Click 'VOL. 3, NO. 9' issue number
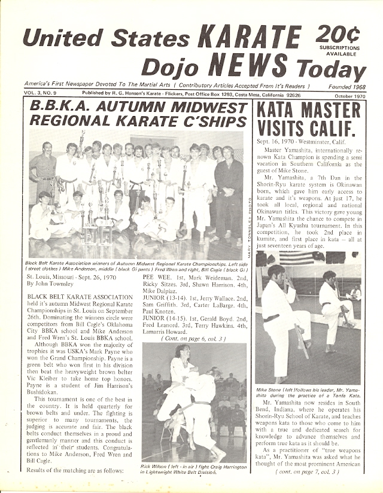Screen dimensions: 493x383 tap(42, 94)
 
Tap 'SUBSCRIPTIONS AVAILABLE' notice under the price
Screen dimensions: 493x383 tap(339, 50)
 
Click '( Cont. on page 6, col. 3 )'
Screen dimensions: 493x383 tap(193, 338)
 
